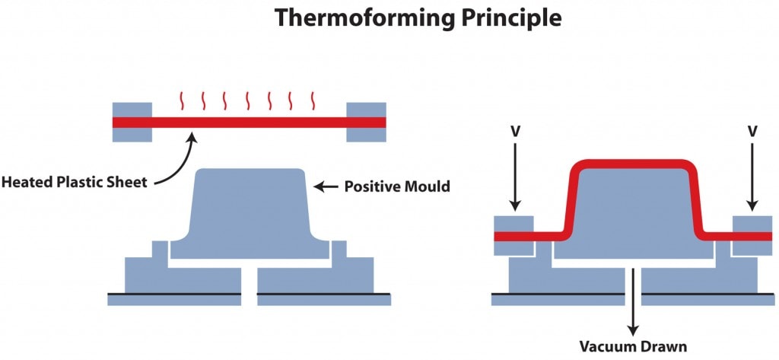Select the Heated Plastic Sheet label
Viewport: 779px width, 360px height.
coord(75,182)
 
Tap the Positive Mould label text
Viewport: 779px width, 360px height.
coord(397,186)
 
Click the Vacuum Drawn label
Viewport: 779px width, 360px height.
coord(633,347)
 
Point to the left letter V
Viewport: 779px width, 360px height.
coord(515,132)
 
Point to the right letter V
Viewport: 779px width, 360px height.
coord(752,132)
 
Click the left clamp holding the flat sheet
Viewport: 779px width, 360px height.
coord(132,122)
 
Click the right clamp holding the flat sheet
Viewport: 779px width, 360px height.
coord(367,122)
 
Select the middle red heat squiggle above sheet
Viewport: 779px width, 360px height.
coord(247,100)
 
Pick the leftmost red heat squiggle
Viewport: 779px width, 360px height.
coord(181,100)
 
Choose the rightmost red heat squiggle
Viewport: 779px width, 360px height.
coord(313,100)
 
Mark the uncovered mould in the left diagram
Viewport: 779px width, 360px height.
coord(250,209)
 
